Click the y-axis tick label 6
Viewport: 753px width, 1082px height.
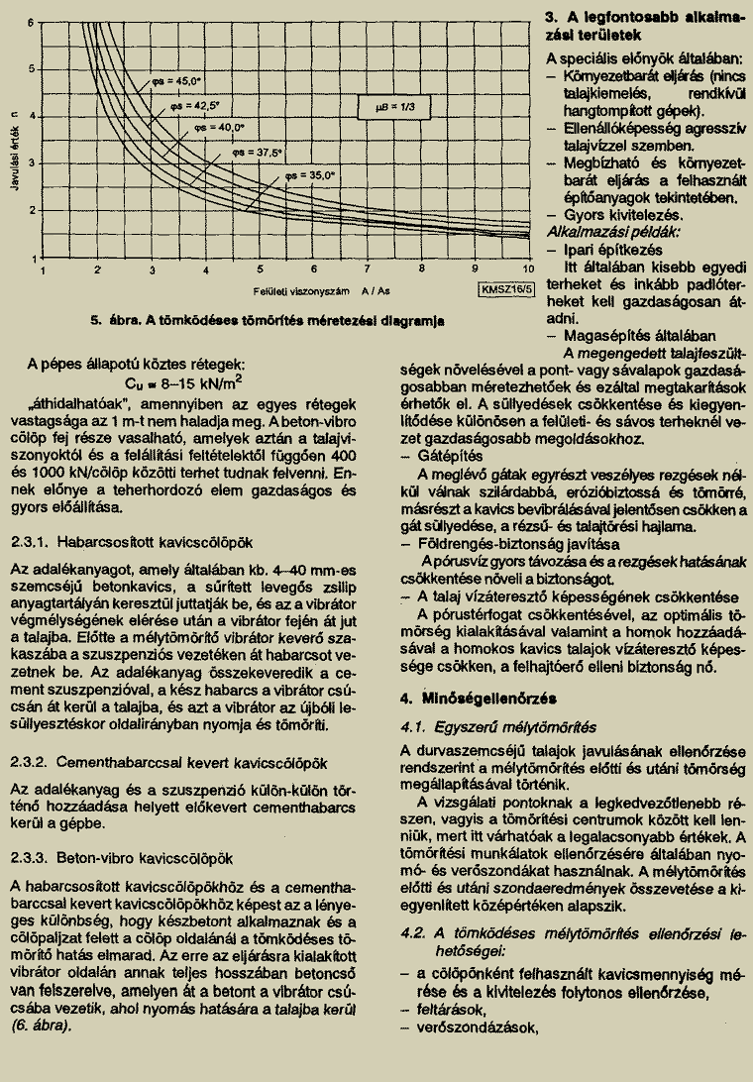31,21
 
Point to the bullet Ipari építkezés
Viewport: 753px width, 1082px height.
605,249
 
